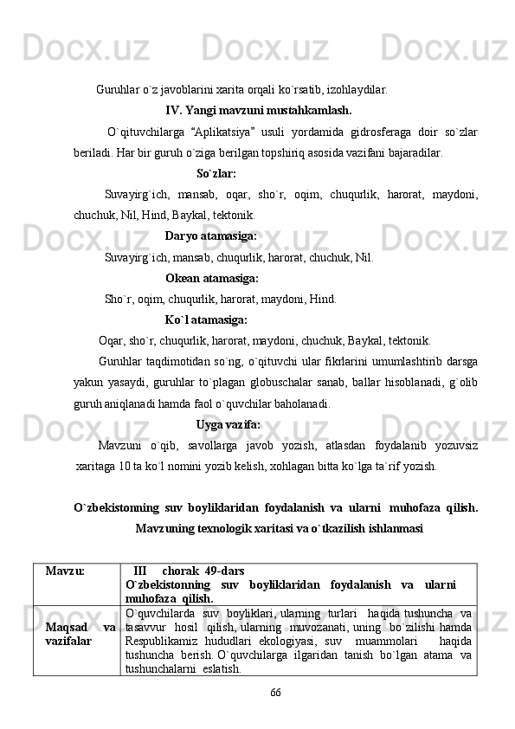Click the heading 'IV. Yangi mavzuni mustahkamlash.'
[258, 111]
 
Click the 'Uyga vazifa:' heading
[229, 424]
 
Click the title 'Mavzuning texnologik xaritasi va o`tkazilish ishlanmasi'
[280, 527]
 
